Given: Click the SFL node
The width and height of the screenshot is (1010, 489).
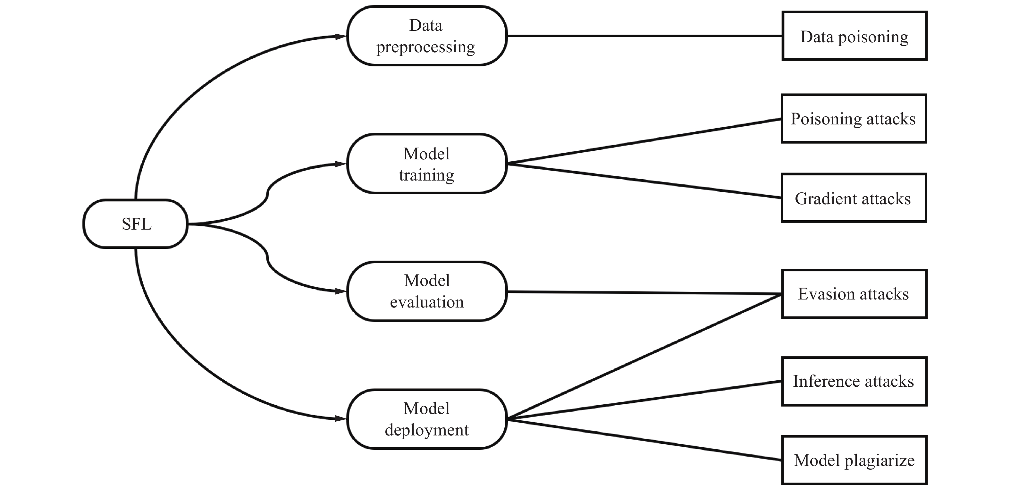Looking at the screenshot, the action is [136, 224].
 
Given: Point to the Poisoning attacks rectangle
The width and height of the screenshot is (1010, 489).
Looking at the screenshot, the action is [854, 118].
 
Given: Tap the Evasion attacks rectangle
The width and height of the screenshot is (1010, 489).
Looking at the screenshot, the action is [855, 294].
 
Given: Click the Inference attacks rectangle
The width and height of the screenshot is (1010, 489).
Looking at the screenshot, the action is [855, 382].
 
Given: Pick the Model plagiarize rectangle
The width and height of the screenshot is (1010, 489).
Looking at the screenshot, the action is [855, 460].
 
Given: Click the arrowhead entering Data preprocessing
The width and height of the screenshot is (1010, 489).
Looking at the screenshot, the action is [341, 37].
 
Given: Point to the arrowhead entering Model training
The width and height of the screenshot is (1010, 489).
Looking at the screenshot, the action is [341, 164].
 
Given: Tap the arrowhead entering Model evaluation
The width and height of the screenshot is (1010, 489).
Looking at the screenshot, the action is [341, 291].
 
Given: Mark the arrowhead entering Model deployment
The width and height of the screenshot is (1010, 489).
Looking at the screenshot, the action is [341, 419].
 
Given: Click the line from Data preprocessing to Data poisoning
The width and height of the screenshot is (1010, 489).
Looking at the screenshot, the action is [644, 36].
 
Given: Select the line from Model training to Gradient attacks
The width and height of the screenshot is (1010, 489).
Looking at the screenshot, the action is [644, 181].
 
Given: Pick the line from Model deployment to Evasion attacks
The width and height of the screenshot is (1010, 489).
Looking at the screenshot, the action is [644, 357].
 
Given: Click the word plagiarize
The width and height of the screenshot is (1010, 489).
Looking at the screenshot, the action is [880, 461].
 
